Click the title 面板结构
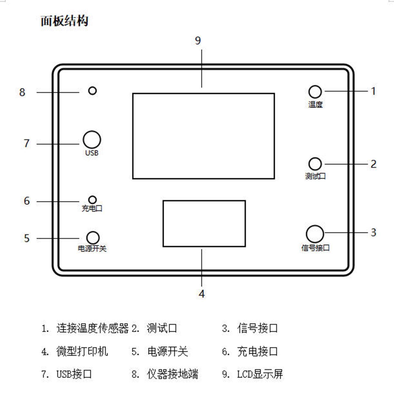click(64, 21)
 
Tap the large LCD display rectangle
click(204, 136)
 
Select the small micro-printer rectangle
click(204, 224)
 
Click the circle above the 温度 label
click(315, 92)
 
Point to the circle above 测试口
click(315, 164)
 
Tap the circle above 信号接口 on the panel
click(315, 234)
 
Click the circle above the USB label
click(92, 140)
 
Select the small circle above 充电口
click(92, 199)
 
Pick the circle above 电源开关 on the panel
click(93, 238)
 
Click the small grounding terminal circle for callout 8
click(92, 91)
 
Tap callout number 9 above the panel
click(198, 41)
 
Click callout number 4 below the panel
click(202, 294)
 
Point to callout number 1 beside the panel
click(373, 91)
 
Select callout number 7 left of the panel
click(27, 143)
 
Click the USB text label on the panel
click(92, 153)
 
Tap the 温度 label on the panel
click(315, 105)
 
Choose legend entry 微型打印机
click(82, 351)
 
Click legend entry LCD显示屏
click(260, 374)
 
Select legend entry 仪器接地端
click(172, 374)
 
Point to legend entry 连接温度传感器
click(92, 328)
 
